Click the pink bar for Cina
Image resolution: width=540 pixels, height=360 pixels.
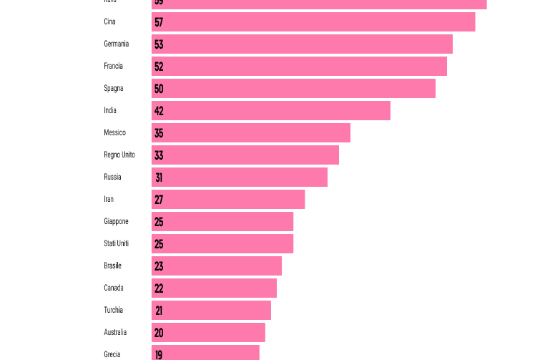[x=313, y=22]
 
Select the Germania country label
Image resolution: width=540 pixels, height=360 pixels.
[x=116, y=44]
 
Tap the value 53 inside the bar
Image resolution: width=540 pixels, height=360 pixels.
[x=159, y=44]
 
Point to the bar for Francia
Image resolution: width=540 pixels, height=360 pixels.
[x=299, y=67]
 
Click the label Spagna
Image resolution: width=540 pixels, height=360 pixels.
[x=113, y=89]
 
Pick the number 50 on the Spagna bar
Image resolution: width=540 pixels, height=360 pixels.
[x=159, y=89]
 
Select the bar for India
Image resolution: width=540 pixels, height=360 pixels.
[x=271, y=111]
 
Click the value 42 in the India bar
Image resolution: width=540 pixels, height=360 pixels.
[x=159, y=111]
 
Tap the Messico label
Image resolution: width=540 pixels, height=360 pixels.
[x=114, y=133]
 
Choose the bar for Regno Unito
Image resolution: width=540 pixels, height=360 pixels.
[x=245, y=155]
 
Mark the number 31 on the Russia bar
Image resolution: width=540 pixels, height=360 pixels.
[x=159, y=177]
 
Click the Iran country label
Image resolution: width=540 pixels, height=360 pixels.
[x=109, y=200]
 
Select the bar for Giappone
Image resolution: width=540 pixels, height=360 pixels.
[x=222, y=222]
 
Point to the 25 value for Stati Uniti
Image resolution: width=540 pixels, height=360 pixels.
[x=159, y=244]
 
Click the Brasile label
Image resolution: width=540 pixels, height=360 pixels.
[x=112, y=266]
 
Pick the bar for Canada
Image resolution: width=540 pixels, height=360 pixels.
[x=214, y=288]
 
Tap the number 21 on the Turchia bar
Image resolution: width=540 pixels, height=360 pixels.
[x=159, y=311]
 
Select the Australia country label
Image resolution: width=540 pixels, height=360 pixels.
[x=115, y=333]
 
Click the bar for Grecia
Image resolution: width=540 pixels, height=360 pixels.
[x=205, y=354]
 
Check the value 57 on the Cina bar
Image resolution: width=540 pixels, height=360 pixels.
[x=159, y=22]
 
